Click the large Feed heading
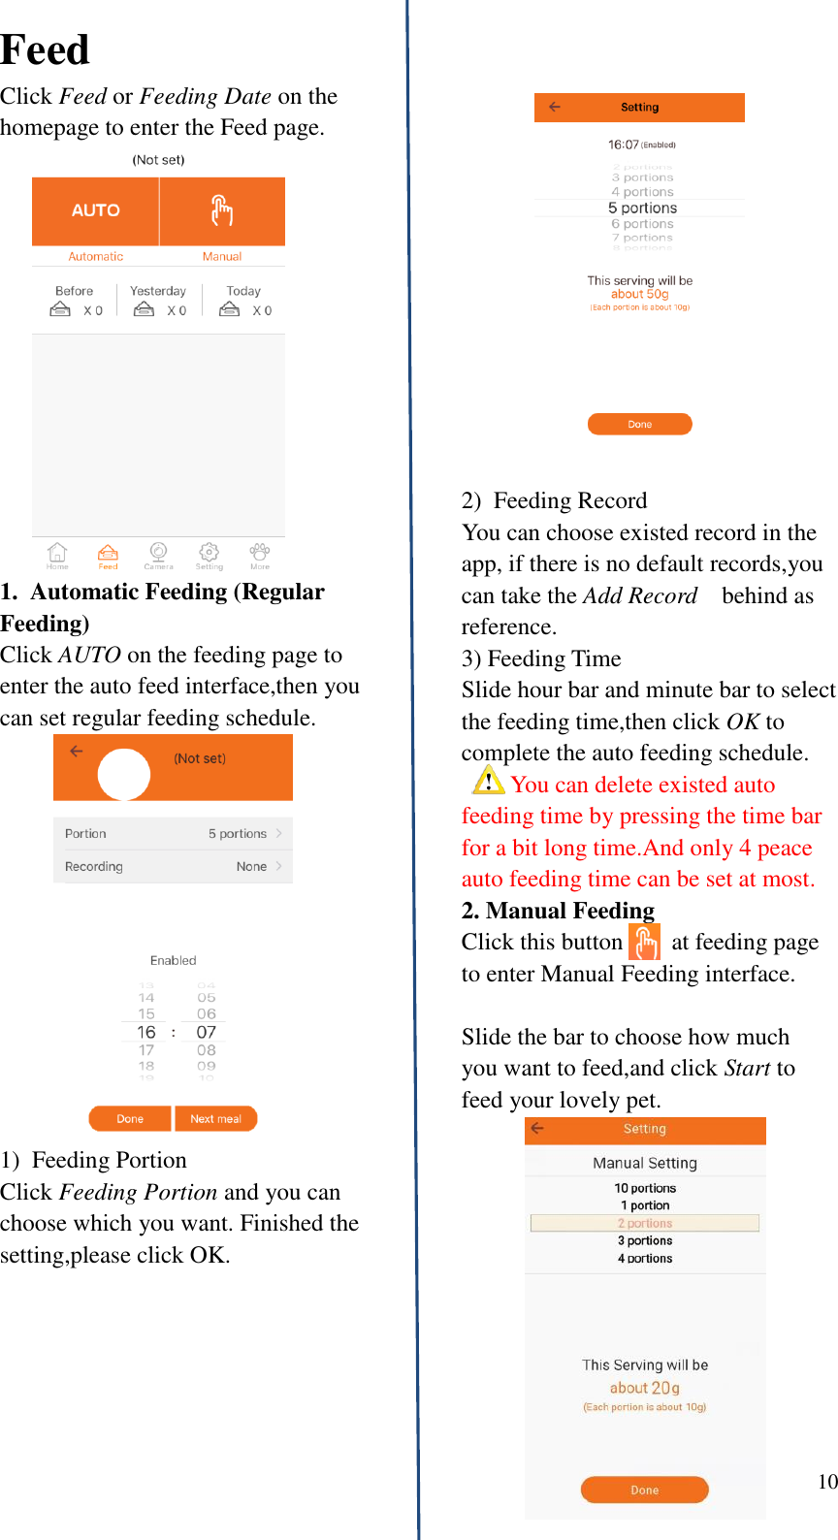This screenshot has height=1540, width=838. (x=45, y=49)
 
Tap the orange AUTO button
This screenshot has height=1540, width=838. (x=95, y=210)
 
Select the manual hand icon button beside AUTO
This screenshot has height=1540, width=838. (x=222, y=210)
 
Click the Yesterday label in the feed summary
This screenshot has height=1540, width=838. (x=158, y=291)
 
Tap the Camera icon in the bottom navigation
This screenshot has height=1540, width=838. (x=158, y=554)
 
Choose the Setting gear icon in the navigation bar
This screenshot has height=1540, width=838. (x=209, y=554)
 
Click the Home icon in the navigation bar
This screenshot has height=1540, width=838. (x=57, y=554)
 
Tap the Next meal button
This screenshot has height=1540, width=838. (x=215, y=1119)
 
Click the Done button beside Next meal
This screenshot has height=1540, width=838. (x=130, y=1119)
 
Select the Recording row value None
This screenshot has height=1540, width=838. (x=251, y=867)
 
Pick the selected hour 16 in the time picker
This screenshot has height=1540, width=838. (x=146, y=1032)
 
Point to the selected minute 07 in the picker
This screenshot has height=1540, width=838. (x=206, y=1032)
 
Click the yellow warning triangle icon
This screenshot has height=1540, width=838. (x=488, y=781)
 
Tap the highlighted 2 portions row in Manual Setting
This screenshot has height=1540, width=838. (x=645, y=1223)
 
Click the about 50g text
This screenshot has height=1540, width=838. (x=639, y=294)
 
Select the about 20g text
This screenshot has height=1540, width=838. (x=644, y=1388)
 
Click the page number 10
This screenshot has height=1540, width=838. (x=827, y=1481)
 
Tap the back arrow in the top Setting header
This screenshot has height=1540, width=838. (x=555, y=107)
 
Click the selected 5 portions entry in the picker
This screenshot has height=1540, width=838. (x=642, y=208)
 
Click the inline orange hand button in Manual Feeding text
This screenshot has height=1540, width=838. (x=644, y=942)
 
